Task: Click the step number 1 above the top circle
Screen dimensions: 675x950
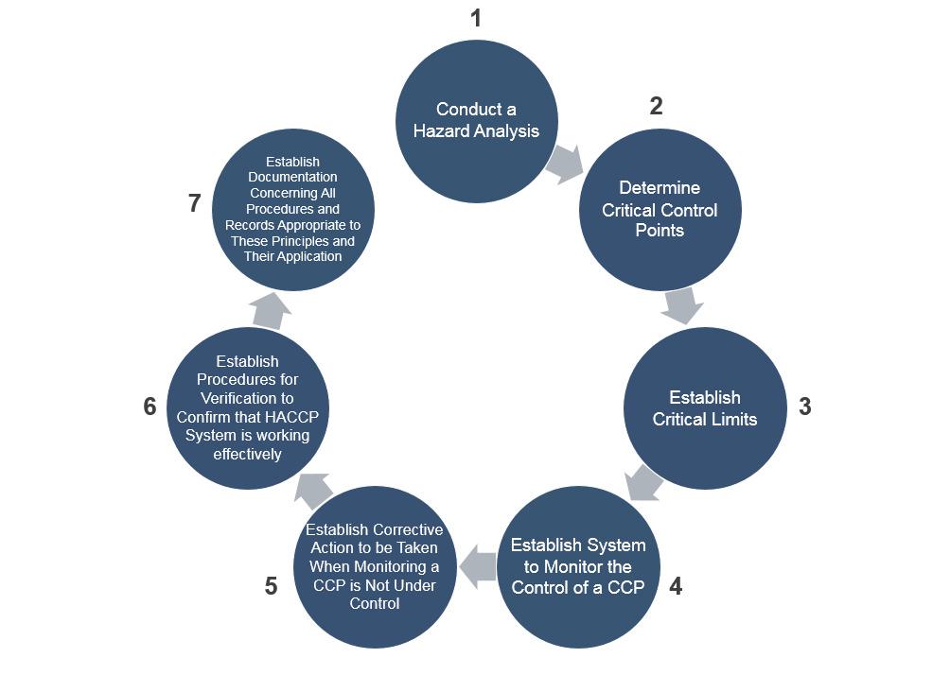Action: [x=476, y=18]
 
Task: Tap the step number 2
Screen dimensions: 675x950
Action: [x=656, y=107]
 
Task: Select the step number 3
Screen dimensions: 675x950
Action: [x=805, y=407]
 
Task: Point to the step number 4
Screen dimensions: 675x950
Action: [x=675, y=587]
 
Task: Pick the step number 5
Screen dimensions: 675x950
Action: [x=272, y=587]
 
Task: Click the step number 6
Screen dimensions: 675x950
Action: [x=150, y=407]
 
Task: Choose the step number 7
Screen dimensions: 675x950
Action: [x=195, y=203]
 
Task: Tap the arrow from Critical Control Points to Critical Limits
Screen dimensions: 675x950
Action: [x=682, y=305]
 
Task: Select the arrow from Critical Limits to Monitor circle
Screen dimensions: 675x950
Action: [x=642, y=482]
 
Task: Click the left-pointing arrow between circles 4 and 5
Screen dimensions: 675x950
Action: [x=477, y=567]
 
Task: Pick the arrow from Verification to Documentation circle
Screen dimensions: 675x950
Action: [x=272, y=308]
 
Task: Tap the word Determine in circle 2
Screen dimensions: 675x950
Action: [x=660, y=187]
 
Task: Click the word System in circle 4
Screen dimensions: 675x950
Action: [x=615, y=545]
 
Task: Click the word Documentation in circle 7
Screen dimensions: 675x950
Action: [x=292, y=177]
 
